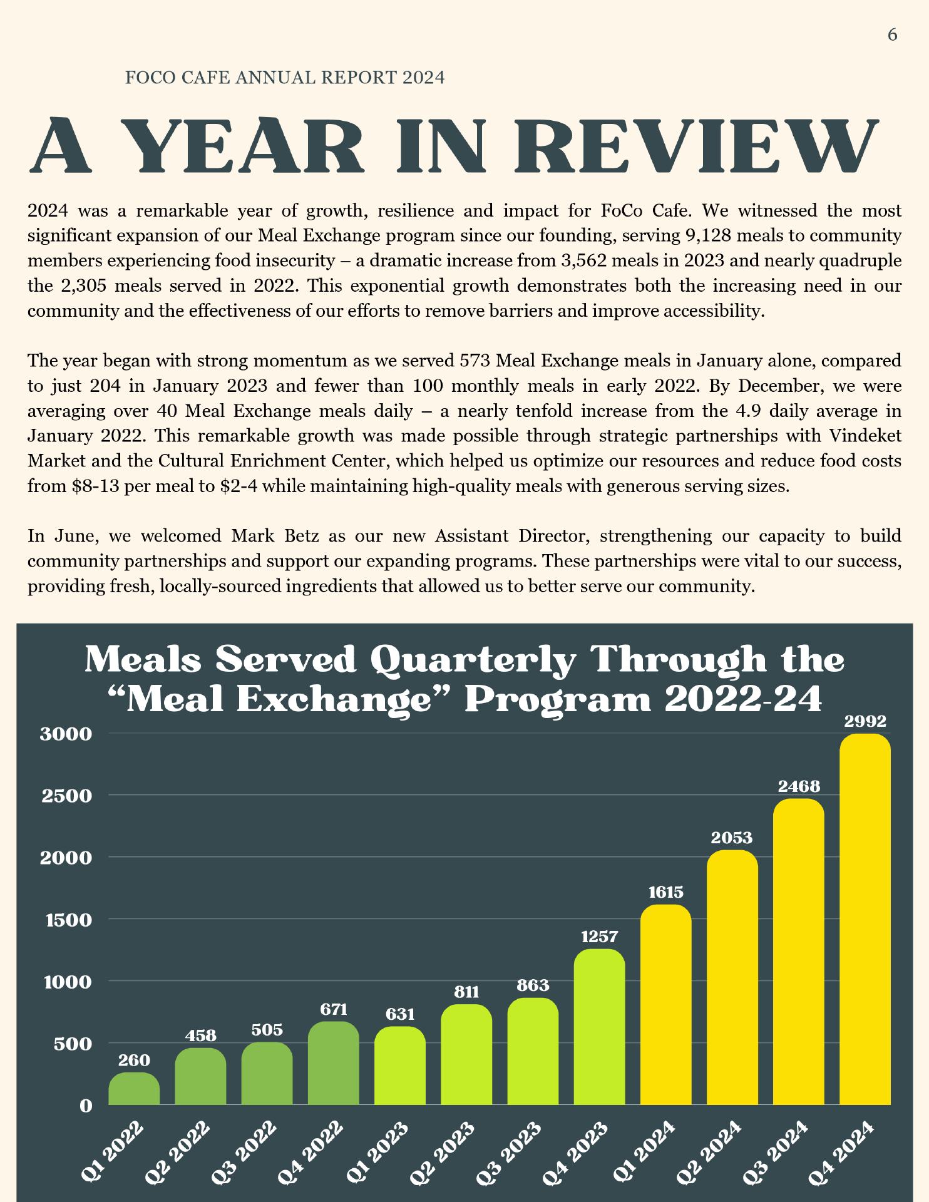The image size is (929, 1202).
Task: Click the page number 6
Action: pyautogui.click(x=893, y=35)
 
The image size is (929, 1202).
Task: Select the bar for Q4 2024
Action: pyautogui.click(x=865, y=920)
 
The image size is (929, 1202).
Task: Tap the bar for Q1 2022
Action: pyautogui.click(x=134, y=1089)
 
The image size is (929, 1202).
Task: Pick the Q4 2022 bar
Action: pyautogui.click(x=333, y=1064)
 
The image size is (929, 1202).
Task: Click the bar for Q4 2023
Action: pyautogui.click(x=599, y=1027)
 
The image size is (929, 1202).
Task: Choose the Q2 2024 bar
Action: pyautogui.click(x=732, y=978)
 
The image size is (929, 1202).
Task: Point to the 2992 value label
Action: pyautogui.click(x=865, y=721)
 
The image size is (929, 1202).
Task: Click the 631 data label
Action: pyautogui.click(x=400, y=1014)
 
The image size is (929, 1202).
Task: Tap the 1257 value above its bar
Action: pyautogui.click(x=600, y=937)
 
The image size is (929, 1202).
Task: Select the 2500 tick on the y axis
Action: pyautogui.click(x=66, y=796)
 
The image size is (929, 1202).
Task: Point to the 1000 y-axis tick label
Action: pyautogui.click(x=68, y=982)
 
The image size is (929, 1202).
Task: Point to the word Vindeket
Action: pyautogui.click(x=865, y=436)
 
